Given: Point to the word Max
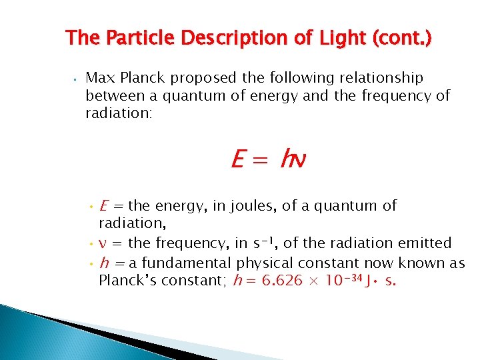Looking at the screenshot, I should pos(100,78).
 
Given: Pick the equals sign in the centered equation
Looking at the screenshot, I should pos(260,159).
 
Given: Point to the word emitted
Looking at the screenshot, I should pos(424,243).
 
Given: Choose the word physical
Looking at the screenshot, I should pos(263,263).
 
